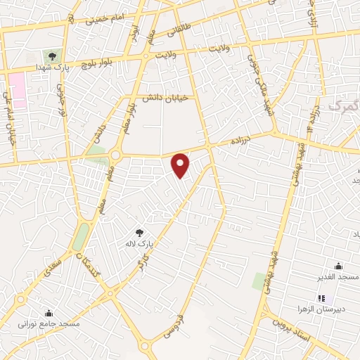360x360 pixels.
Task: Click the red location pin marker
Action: coord(181,165)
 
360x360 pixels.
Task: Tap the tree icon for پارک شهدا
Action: coord(52,56)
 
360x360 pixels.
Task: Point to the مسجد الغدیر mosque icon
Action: coord(338,266)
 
